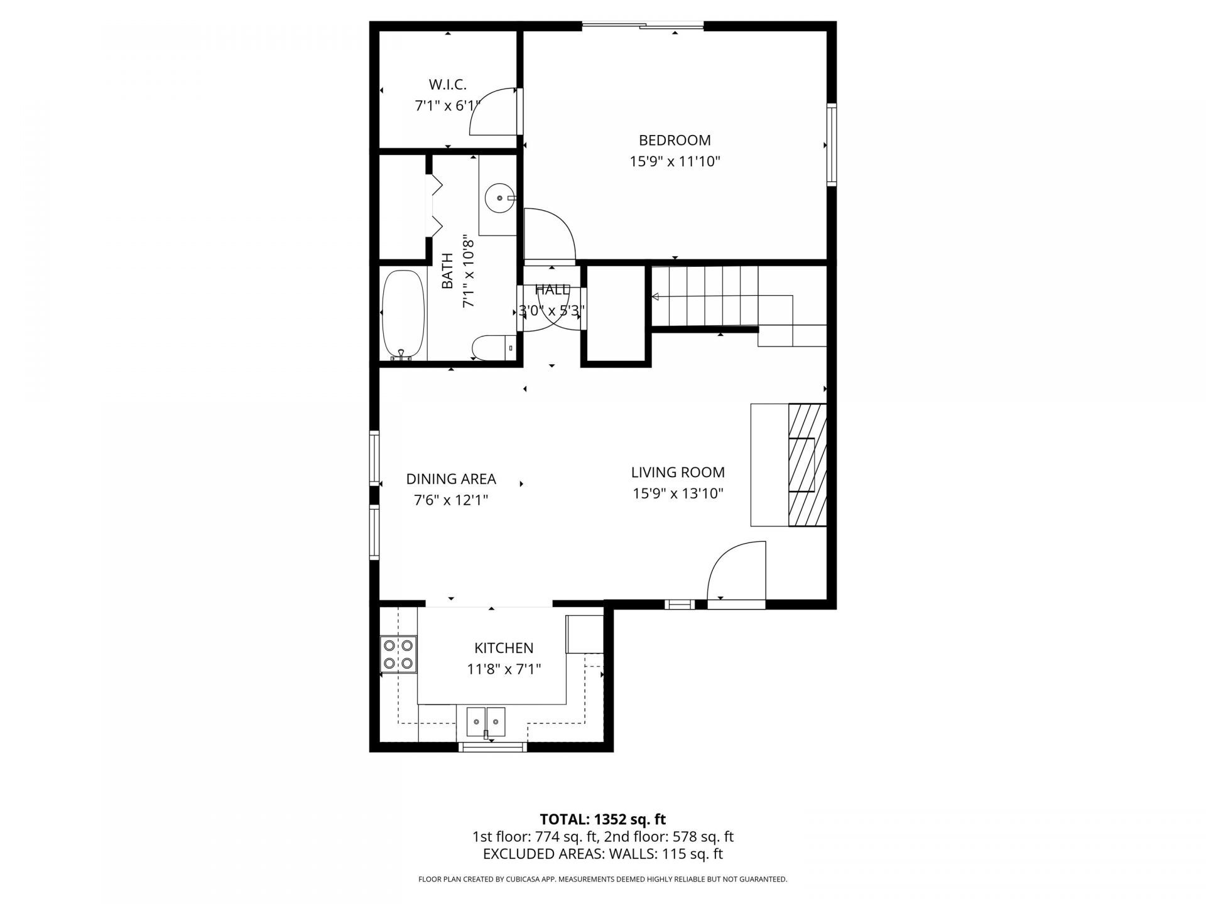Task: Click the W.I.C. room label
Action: [x=447, y=84]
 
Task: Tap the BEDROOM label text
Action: [x=675, y=140]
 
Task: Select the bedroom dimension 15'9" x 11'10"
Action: [x=675, y=161]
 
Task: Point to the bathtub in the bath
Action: [x=404, y=315]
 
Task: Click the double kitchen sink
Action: [x=486, y=721]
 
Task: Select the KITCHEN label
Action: [x=504, y=648]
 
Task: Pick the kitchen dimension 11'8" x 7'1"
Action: [x=504, y=669]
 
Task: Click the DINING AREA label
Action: [x=451, y=479]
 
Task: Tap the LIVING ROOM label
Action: [x=678, y=472]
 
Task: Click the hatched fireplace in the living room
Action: [x=807, y=465]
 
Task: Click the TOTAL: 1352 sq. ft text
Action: [x=602, y=819]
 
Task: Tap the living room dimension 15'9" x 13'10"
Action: [x=678, y=493]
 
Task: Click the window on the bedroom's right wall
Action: [x=832, y=144]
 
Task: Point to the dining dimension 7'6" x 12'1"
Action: [x=451, y=500]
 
